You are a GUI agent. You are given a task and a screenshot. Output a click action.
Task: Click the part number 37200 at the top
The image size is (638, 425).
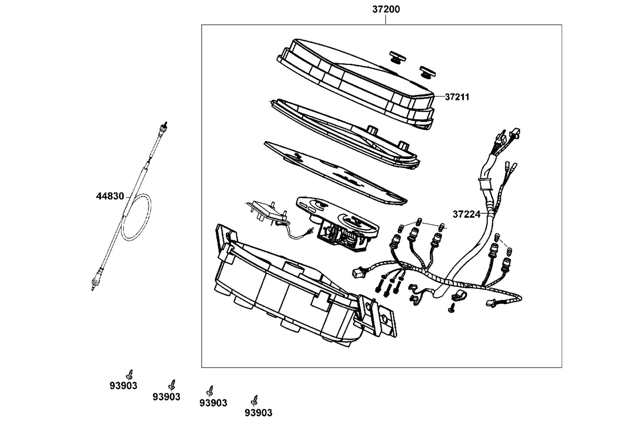coord(386,9)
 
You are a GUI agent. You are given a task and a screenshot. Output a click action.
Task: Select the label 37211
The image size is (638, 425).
coord(457,97)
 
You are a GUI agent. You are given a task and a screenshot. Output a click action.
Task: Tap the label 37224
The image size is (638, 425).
coord(466,214)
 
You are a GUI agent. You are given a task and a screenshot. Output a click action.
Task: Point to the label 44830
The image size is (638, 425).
coord(110,196)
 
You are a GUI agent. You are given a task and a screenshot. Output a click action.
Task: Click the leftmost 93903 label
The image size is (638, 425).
coord(123,386)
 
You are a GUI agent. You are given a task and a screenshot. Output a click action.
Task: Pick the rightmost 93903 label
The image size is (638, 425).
coord(259,413)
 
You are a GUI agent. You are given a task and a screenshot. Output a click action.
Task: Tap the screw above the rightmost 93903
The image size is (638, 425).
coord(254,401)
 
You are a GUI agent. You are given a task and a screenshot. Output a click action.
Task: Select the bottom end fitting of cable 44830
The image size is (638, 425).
coord(96,282)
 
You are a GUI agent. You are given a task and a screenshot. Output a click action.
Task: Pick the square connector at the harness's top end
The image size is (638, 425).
coord(515,134)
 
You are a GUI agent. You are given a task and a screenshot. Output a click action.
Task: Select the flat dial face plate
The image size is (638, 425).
coord(335,173)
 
